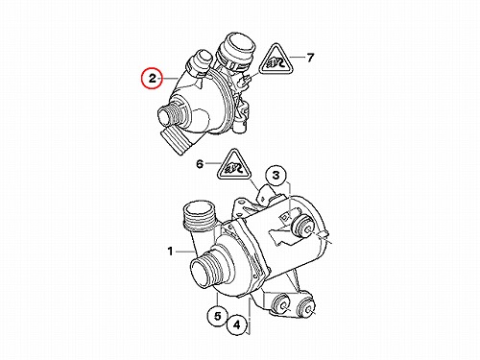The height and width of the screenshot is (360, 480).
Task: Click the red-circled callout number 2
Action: (x=153, y=78)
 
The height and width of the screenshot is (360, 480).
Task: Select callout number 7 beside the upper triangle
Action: (x=310, y=58)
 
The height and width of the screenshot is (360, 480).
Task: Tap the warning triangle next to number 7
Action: (x=276, y=59)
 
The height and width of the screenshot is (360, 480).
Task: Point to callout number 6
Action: (x=200, y=164)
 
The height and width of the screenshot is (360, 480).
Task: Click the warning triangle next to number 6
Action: (x=234, y=165)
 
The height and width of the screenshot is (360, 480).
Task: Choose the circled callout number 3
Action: (x=276, y=176)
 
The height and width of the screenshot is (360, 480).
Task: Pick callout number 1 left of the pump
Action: (x=170, y=252)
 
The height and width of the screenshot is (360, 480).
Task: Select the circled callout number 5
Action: (x=218, y=316)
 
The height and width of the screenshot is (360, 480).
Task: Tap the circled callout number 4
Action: (x=237, y=325)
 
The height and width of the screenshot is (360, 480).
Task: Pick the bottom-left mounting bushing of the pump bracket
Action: (x=281, y=303)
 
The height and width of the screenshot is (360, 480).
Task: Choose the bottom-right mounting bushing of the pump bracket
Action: (x=306, y=308)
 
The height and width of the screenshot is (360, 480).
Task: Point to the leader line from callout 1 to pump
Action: (x=185, y=252)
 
